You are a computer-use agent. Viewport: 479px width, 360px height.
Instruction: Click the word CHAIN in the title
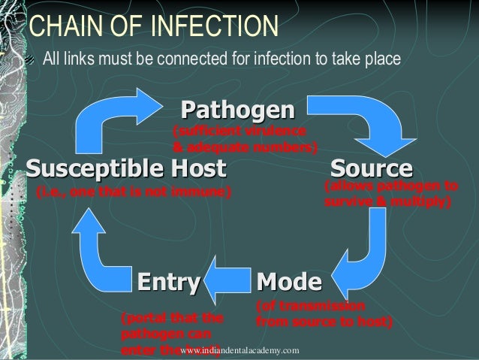pyautogui.click(x=69, y=25)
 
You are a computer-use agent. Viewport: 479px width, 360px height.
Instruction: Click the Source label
pyautogui.click(x=372, y=166)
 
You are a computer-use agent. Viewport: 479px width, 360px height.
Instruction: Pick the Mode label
pyautogui.click(x=289, y=283)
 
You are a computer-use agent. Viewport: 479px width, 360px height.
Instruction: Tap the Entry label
pyautogui.click(x=169, y=283)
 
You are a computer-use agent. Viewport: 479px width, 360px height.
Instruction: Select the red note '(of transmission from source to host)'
pyautogui.click(x=324, y=314)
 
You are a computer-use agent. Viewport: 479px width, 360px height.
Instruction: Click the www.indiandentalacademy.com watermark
pyautogui.click(x=240, y=351)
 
